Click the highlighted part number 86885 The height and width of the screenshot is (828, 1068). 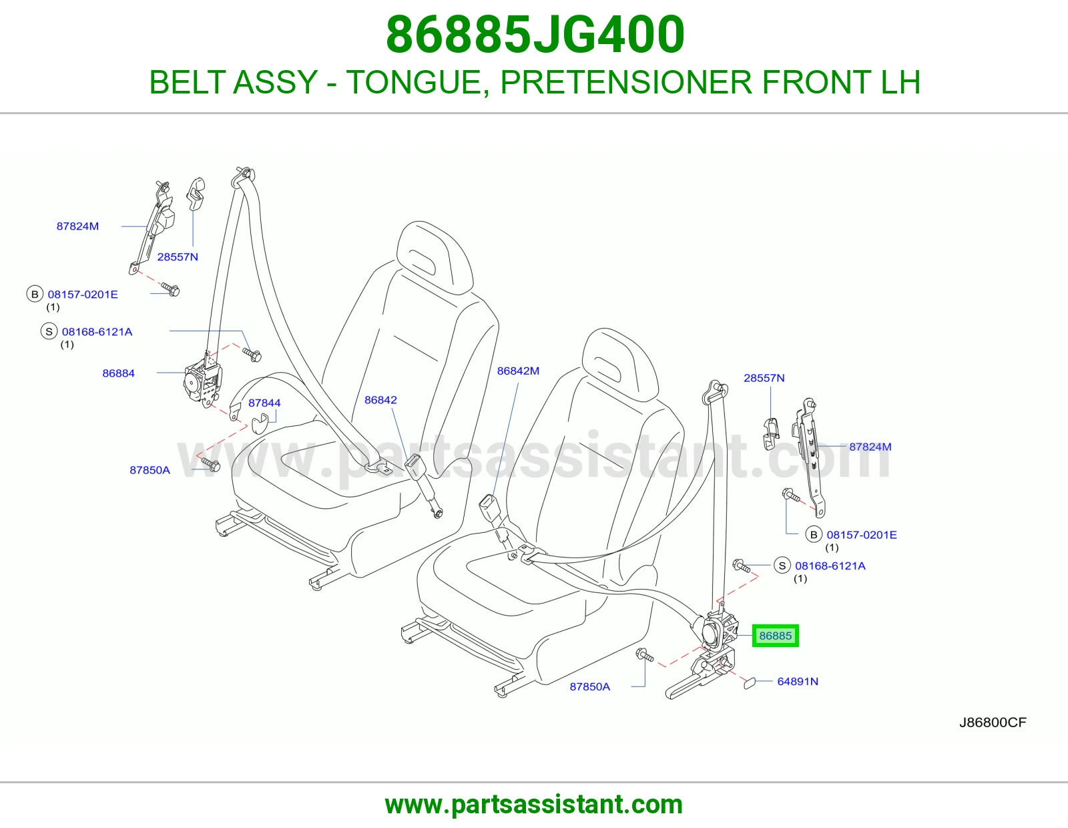pos(775,636)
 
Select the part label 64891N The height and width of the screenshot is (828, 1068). pos(797,682)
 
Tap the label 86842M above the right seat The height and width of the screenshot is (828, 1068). pos(518,371)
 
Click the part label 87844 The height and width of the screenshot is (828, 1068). pos(264,403)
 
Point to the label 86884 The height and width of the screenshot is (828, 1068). pos(118,373)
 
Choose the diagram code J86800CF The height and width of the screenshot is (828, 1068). pos(993,722)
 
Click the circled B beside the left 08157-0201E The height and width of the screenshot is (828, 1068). pos(35,294)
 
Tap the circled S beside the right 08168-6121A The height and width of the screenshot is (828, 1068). pos(782,566)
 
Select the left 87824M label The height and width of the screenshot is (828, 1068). pos(77,226)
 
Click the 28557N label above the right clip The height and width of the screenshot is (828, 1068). pos(764,378)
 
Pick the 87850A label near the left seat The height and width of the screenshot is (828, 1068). pos(150,470)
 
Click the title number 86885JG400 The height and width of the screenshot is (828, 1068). pos(535,35)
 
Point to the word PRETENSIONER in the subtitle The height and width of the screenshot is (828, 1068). pos(626,82)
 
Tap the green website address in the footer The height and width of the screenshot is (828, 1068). pos(534,805)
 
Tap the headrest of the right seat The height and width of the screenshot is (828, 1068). pos(619,365)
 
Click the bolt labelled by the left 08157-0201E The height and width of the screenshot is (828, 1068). pos(170,289)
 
